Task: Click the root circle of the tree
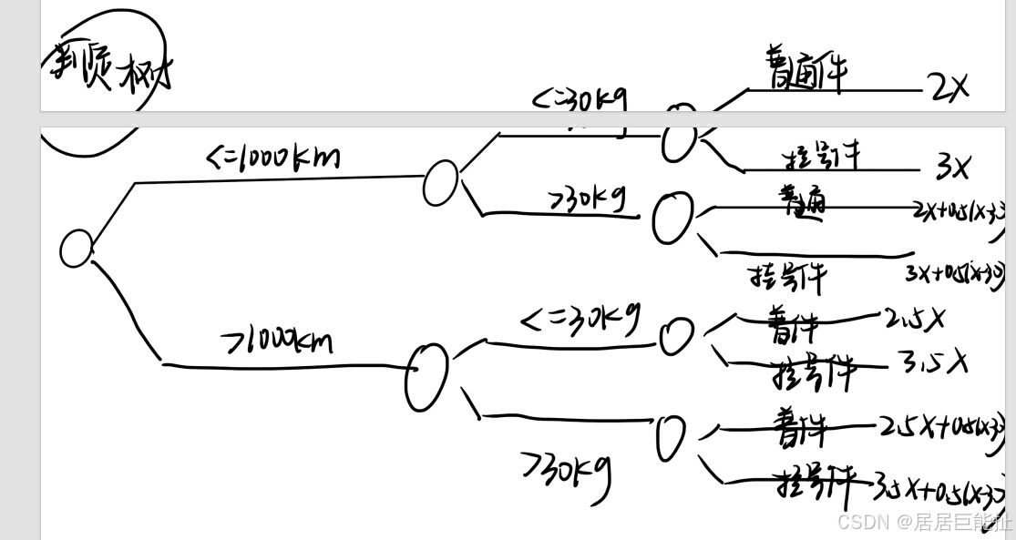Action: click(77, 248)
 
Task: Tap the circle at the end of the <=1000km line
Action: click(440, 182)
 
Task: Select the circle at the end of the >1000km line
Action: click(426, 376)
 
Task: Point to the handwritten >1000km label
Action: click(277, 341)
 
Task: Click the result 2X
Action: click(948, 87)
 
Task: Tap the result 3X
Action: click(952, 166)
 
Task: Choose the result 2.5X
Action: click(914, 319)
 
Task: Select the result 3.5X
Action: click(932, 362)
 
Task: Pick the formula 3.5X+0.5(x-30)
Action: click(939, 493)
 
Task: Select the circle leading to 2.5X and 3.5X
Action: click(676, 335)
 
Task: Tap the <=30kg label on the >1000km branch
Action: click(580, 320)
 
